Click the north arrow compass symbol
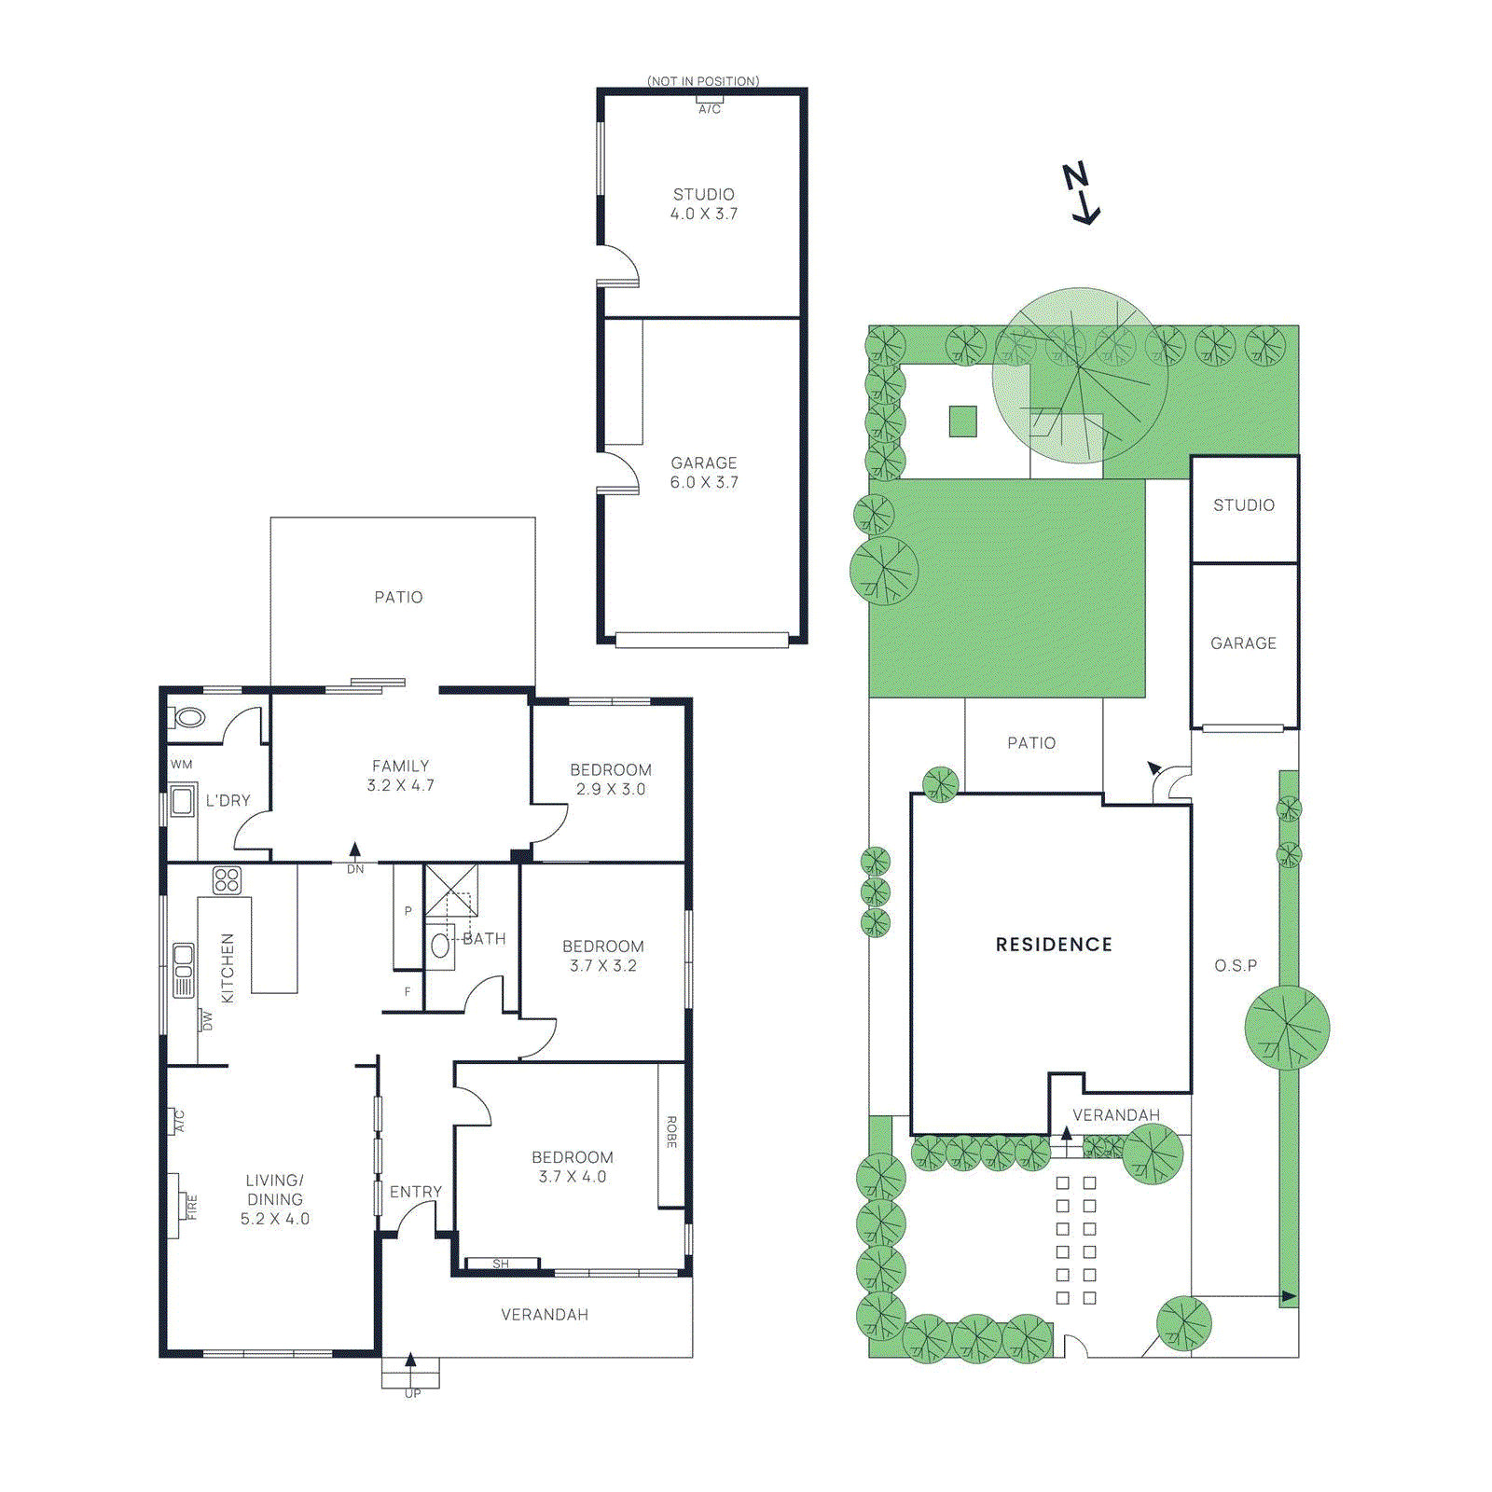coord(1082,194)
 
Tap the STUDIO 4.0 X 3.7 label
coord(704,204)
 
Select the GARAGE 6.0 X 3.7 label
coord(704,473)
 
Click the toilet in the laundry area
coord(188,718)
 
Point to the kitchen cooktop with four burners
coord(227,879)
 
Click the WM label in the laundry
coord(182,765)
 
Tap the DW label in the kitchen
coord(207,1021)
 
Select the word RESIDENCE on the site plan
coord(1054,945)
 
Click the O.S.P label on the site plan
coord(1236,966)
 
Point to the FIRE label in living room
coord(192,1207)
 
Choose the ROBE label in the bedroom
coord(671,1132)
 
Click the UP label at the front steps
coord(412,1393)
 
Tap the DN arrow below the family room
coord(355,851)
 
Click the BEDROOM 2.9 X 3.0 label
coord(611,780)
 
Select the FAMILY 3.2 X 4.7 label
coord(400,776)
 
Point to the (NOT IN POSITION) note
coord(703,81)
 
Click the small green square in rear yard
coord(963,421)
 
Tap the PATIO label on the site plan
coord(1031,743)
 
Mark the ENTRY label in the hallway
coord(415,1192)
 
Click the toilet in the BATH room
coord(440,946)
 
